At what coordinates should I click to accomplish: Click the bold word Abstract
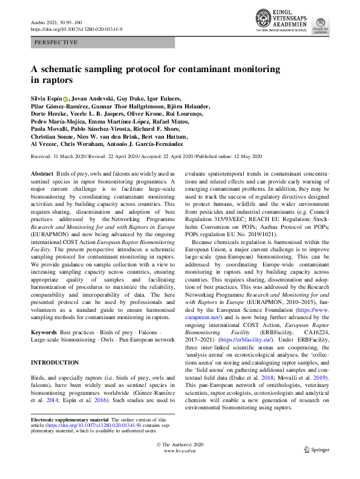pyautogui.click(x=41, y=173)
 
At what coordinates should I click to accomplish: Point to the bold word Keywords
pyautogui.click(x=44, y=332)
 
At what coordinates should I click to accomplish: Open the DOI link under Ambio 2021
pyautogui.click(x=76, y=29)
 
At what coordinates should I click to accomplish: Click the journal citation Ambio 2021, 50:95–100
pyautogui.click(x=59, y=22)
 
